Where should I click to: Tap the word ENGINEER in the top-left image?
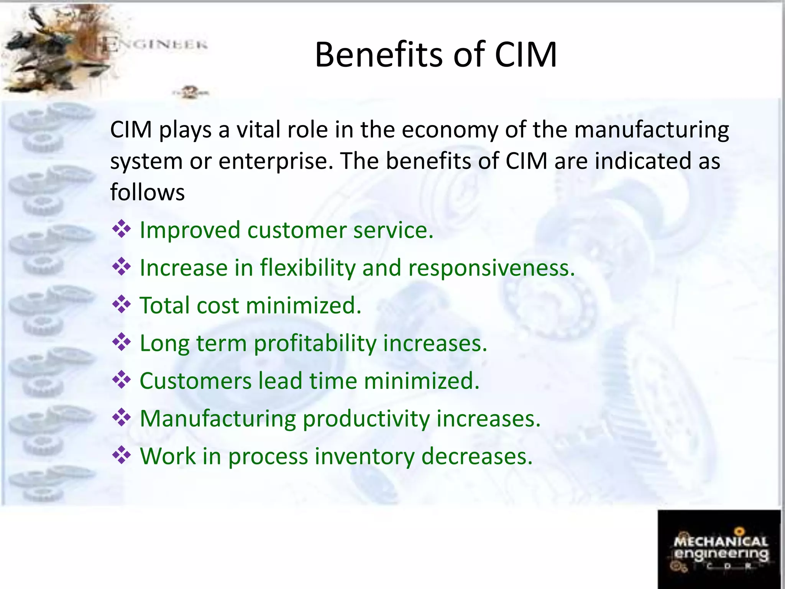(155, 45)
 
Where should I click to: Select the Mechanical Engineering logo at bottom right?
(719, 549)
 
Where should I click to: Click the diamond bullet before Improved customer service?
(122, 229)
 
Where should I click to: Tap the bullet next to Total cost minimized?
(122, 305)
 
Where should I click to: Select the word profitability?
(315, 343)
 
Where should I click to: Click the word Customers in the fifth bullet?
(195, 381)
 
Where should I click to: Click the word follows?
(148, 192)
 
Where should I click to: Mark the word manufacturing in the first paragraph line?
(651, 130)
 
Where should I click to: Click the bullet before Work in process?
(122, 456)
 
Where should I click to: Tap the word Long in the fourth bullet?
(164, 343)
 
